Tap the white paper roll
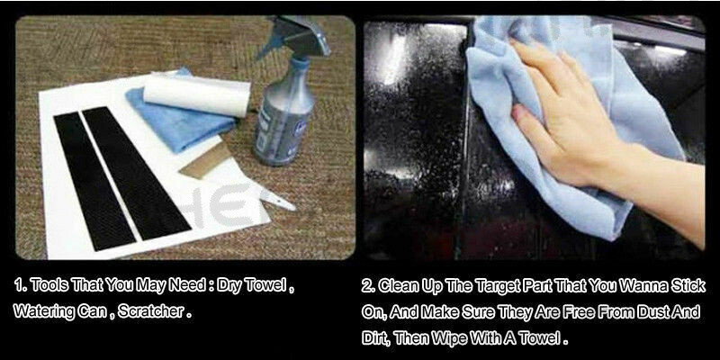[197, 96]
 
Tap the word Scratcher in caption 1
[151, 311]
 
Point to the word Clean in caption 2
[396, 286]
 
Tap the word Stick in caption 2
[688, 286]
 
